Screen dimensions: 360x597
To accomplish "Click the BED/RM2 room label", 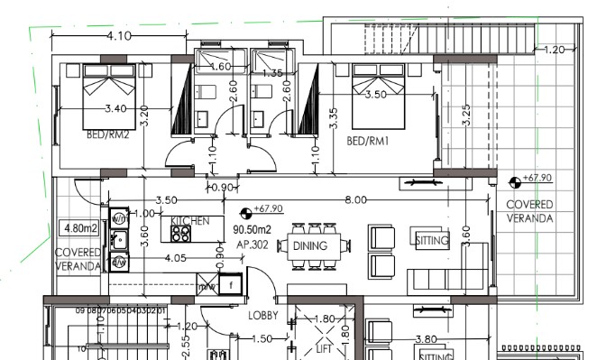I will pos(107,136).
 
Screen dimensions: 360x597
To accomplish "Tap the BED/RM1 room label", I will pos(368,141).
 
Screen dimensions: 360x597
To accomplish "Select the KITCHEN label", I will pos(189,220).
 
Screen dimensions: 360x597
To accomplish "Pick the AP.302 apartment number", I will pos(253,245).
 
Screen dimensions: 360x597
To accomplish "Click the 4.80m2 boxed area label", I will pos(79,227).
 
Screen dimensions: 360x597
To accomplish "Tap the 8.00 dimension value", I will pos(355,199).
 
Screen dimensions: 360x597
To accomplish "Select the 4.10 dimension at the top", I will pos(119,36).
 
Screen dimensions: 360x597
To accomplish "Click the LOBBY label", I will pos(266,316).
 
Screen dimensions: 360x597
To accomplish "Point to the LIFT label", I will pos(325,348).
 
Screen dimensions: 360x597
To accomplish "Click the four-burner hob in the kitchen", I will pos(180,233).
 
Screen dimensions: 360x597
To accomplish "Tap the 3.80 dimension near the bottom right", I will pos(425,339).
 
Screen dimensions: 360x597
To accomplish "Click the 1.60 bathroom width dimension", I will pos(221,67).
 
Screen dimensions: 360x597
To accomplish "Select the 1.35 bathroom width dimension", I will pos(271,73).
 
